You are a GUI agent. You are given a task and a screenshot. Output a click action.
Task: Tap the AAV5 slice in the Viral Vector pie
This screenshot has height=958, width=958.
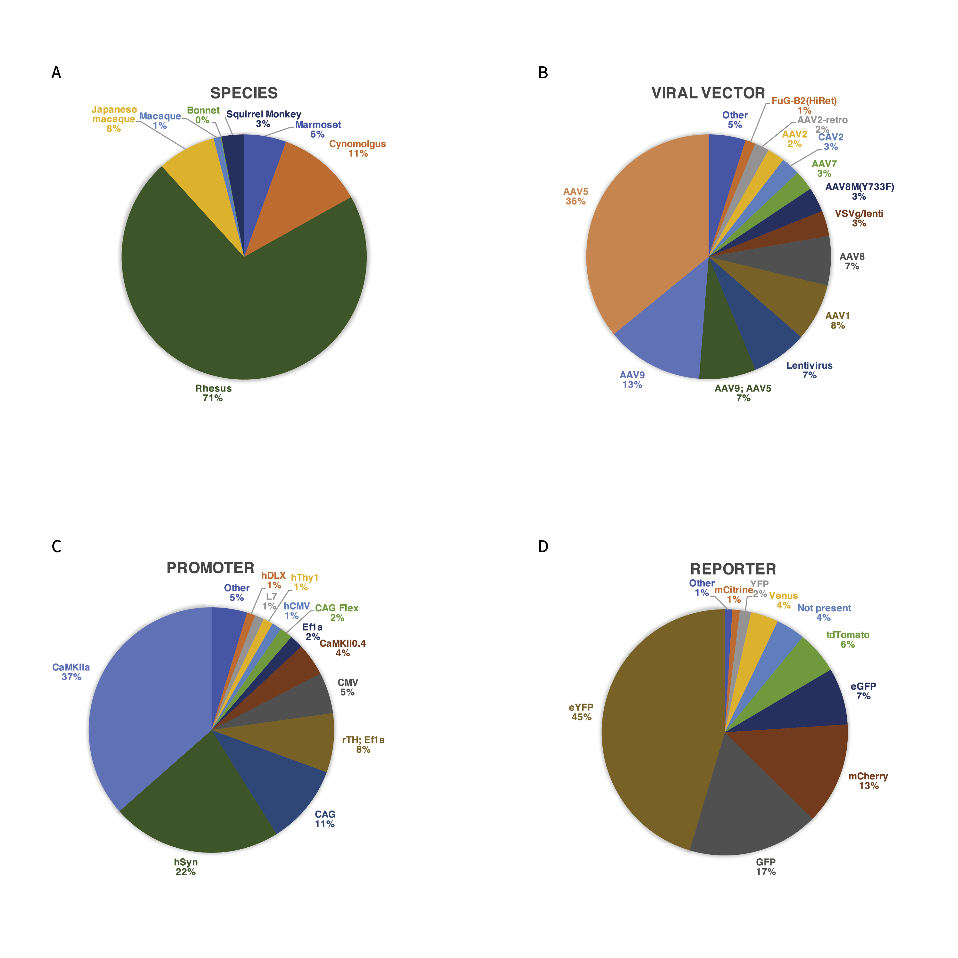click(x=645, y=233)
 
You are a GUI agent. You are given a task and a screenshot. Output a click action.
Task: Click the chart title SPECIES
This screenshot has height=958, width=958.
click(x=244, y=93)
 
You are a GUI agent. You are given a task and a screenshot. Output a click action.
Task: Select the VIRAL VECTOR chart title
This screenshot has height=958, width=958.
click(x=708, y=93)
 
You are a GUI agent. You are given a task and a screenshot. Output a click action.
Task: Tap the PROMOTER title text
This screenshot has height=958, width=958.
click(x=210, y=568)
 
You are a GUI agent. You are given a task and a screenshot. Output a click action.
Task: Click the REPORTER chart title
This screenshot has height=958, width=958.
click(x=733, y=569)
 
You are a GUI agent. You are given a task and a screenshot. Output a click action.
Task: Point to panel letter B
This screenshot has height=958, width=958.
click(x=543, y=73)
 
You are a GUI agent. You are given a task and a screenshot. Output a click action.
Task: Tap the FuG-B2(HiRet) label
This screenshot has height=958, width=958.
click(x=804, y=101)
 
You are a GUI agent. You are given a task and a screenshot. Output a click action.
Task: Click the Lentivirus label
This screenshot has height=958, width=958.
click(x=809, y=366)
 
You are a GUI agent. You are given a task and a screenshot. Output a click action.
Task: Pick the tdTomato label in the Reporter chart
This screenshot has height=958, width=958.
click(x=847, y=635)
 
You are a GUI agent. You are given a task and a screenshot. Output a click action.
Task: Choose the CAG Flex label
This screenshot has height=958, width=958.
click(x=337, y=608)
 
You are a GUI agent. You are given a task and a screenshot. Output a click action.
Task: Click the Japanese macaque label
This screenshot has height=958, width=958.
click(x=114, y=114)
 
